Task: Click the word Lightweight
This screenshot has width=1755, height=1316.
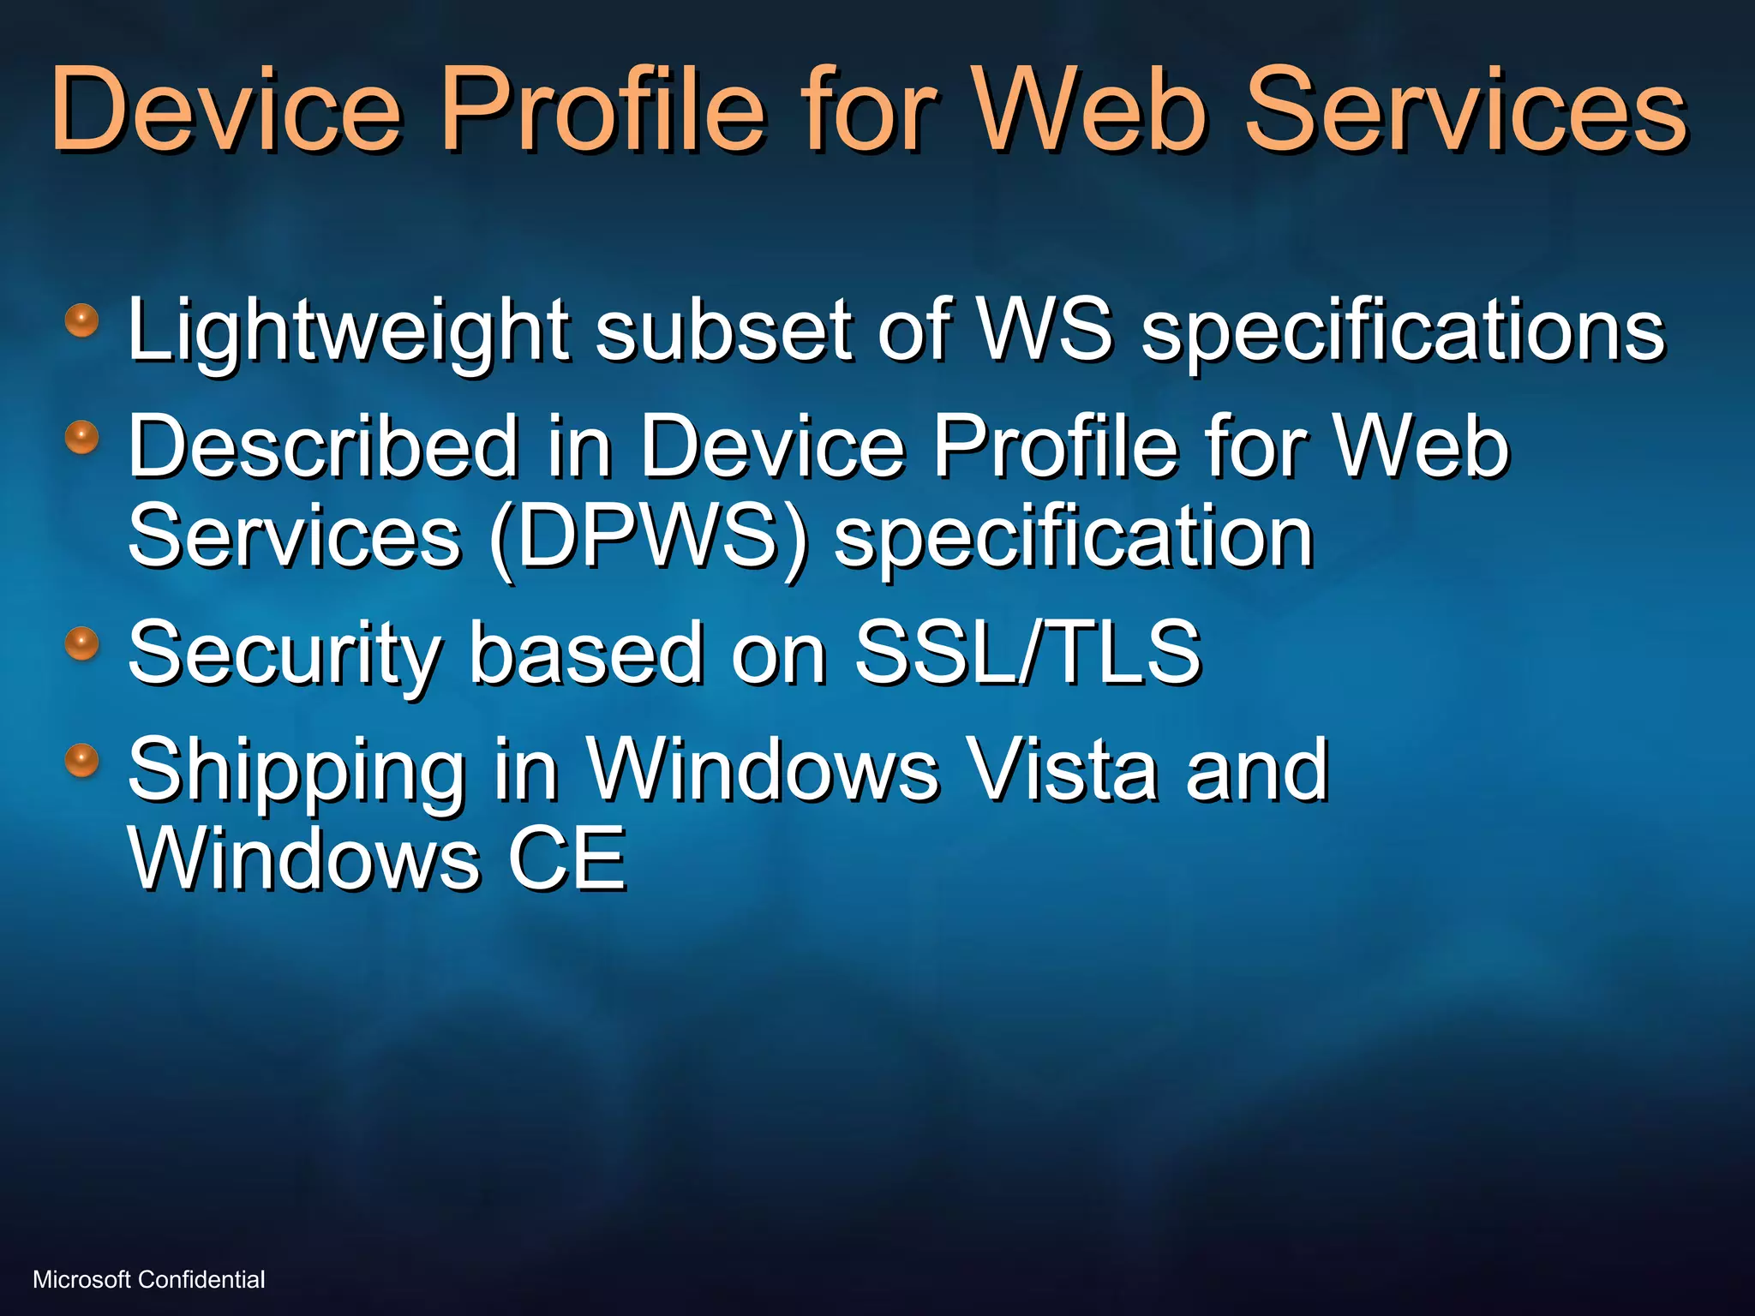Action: [348, 331]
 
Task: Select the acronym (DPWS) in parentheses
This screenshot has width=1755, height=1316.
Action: [649, 538]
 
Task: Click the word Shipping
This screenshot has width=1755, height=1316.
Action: [296, 771]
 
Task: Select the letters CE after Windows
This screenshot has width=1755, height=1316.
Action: [567, 858]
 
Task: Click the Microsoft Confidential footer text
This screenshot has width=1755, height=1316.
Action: [149, 1280]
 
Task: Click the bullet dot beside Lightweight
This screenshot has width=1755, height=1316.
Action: [82, 321]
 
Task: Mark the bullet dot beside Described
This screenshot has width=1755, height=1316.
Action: [82, 437]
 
